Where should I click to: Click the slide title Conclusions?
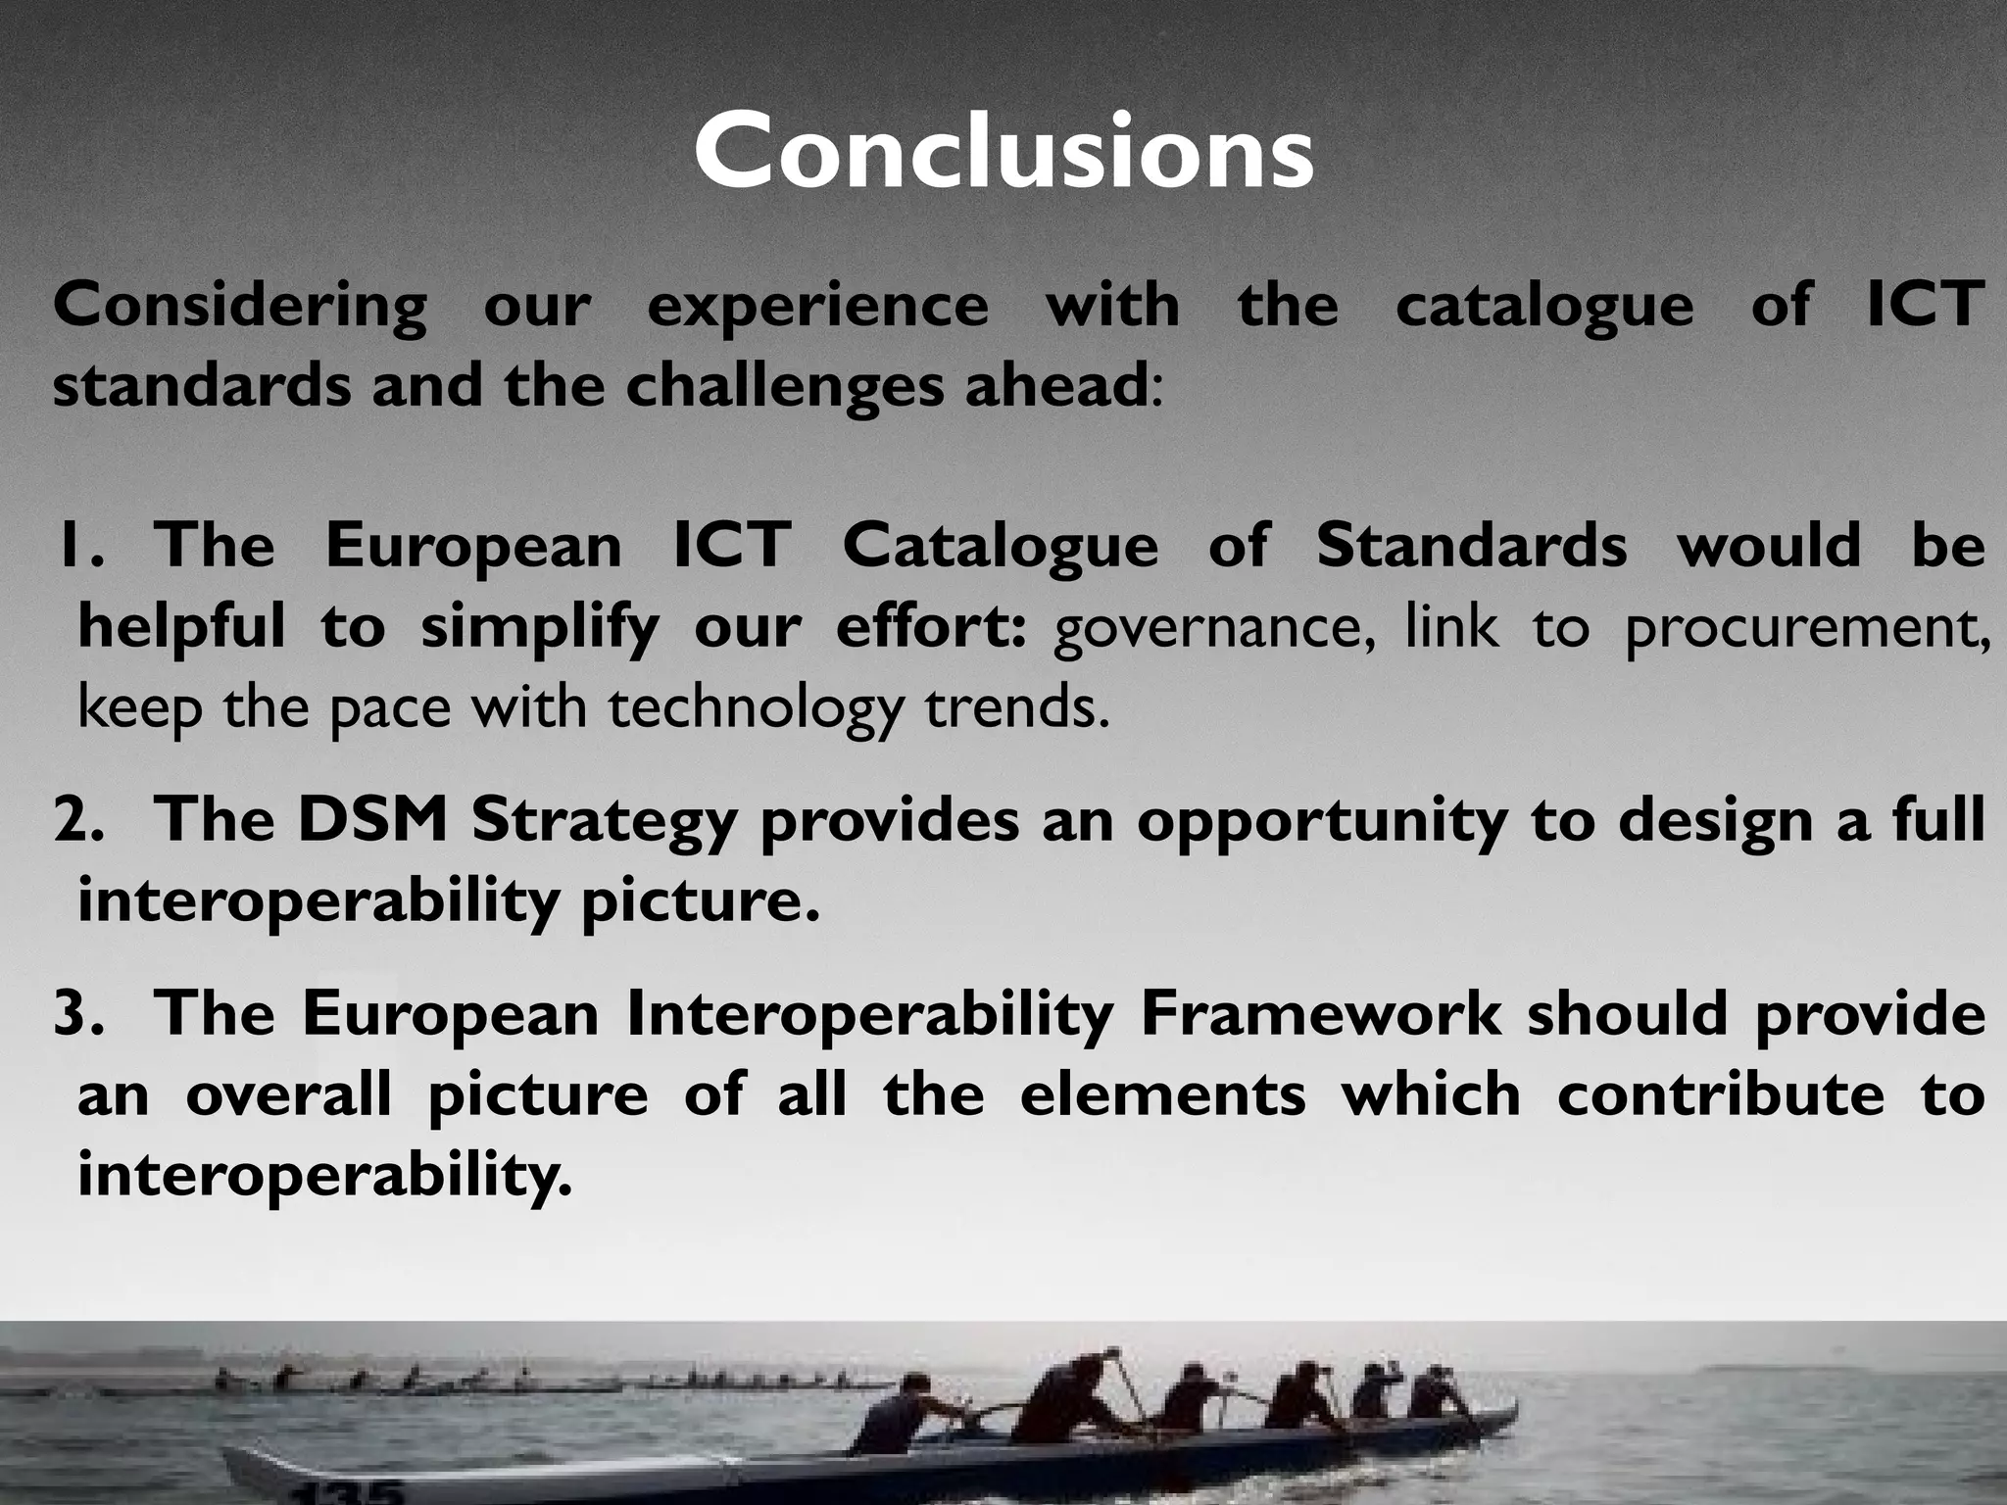pyautogui.click(x=1003, y=152)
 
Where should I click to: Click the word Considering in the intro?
pyautogui.click(x=240, y=306)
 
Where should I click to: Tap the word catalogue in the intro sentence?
pyautogui.click(x=1544, y=306)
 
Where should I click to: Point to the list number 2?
pyautogui.click(x=77, y=820)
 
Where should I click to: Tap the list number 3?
pyautogui.click(x=77, y=1014)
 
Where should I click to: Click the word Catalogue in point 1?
pyautogui.click(x=1001, y=546)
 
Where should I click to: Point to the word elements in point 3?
pyautogui.click(x=1162, y=1094)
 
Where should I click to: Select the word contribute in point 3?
pyautogui.click(x=1720, y=1094)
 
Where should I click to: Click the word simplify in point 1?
pyautogui.click(x=540, y=627)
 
